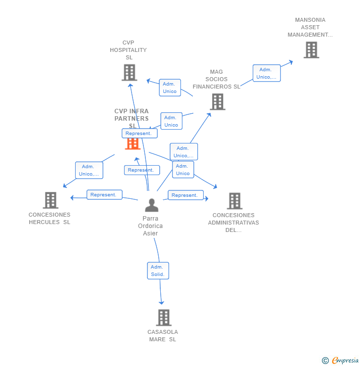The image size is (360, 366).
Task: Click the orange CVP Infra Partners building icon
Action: [133, 143]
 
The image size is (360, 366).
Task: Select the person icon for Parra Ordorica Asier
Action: [151, 205]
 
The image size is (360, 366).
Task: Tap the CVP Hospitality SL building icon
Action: [129, 73]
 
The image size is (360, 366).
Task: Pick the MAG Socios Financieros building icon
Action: [217, 102]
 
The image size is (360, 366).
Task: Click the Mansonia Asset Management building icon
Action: [311, 50]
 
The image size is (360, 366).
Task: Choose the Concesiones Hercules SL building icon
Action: [50, 200]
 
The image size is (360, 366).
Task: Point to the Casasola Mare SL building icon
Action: [163, 318]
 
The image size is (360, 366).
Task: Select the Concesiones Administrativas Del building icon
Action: [234, 201]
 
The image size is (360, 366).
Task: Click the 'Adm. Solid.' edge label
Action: [158, 271]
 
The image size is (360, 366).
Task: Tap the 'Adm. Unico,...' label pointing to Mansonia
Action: [267, 73]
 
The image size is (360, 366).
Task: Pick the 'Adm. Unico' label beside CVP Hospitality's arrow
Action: [170, 88]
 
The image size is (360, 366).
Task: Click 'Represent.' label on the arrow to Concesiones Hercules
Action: [104, 195]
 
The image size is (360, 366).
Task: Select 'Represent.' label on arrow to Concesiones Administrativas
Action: [185, 195]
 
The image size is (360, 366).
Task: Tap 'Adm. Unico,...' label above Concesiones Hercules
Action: [89, 170]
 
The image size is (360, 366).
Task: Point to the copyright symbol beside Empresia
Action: [325, 361]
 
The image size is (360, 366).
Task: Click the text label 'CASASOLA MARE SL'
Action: [163, 335]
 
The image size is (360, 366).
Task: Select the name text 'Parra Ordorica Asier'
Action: [150, 226]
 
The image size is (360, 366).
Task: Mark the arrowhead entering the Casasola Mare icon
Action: [161, 303]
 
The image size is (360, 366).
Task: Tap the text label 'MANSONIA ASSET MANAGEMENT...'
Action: [310, 27]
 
